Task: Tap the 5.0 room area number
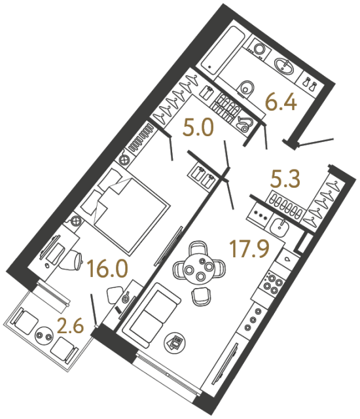(x=198, y=128)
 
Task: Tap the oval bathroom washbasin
(x=287, y=65)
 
